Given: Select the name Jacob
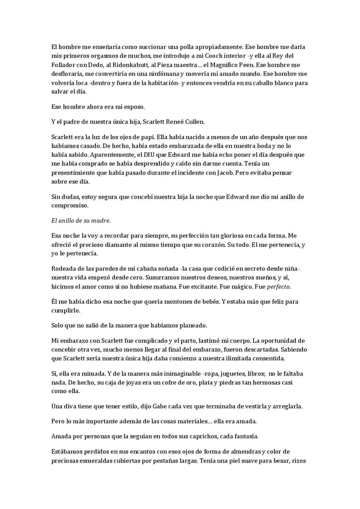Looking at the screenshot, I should click(x=225, y=173).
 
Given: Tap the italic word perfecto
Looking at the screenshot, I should click(x=278, y=287).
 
